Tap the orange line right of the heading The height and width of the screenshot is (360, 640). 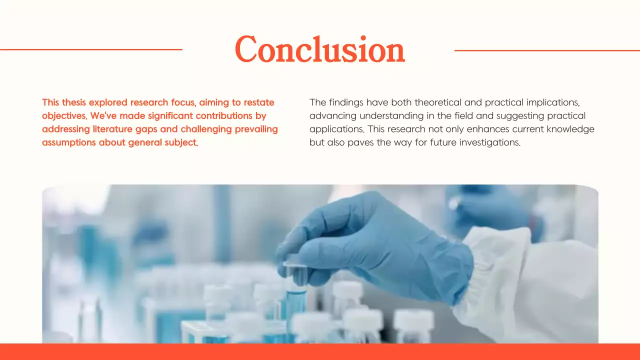(x=547, y=50)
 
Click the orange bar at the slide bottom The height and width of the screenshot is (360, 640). (x=320, y=352)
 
